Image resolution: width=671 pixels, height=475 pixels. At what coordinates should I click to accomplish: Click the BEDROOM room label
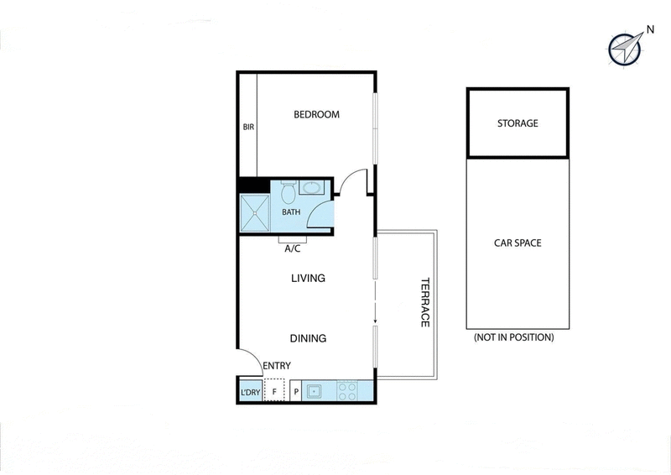coord(316,115)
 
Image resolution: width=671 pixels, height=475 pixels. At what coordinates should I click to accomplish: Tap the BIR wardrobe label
coord(248,128)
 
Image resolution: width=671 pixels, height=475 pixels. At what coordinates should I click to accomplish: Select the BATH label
coord(291,212)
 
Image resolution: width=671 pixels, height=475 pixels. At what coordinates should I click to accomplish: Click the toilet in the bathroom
coord(287,194)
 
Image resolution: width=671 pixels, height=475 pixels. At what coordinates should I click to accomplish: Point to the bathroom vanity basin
coord(312,188)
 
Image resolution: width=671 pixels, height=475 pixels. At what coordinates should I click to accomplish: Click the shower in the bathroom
coord(254,212)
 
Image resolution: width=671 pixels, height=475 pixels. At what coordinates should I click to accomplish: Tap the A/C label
coord(293,249)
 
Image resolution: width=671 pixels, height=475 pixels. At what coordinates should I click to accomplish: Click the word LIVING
coord(308,278)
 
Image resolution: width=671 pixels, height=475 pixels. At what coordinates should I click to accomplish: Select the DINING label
coord(308,338)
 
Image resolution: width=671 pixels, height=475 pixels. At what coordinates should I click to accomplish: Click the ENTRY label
coord(276,366)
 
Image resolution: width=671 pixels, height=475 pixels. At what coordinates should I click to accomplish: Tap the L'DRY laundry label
coord(250,392)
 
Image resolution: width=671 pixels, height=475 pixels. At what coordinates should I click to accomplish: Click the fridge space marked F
coord(273,391)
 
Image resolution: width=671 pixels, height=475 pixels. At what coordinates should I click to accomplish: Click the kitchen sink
coord(313,391)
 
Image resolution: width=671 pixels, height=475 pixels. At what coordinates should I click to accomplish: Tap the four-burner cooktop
coord(347,391)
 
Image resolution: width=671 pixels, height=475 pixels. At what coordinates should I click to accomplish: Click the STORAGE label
coord(518,123)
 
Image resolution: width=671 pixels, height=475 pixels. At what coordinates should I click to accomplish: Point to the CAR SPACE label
coord(518,243)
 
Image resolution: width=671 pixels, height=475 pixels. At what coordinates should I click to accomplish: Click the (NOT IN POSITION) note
coord(513,337)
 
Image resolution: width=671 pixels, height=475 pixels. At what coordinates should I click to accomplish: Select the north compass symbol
coord(625,50)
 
